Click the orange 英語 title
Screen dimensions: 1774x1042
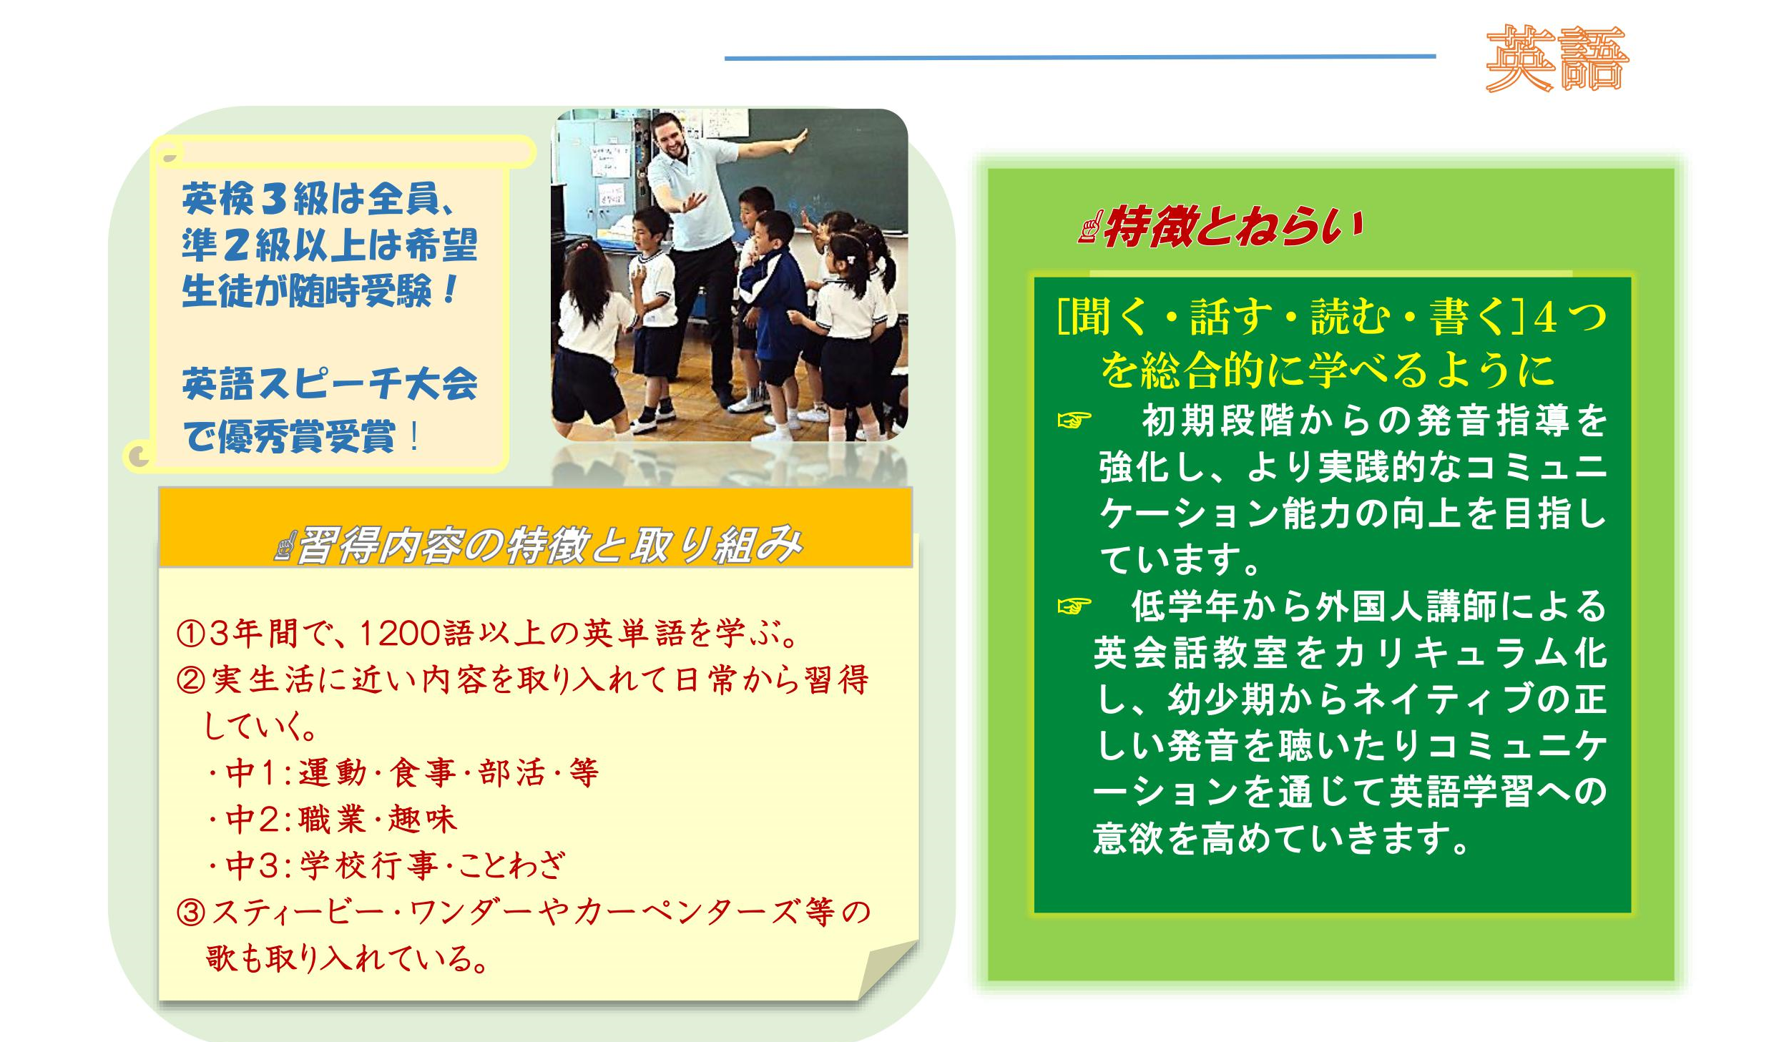[x=1557, y=59]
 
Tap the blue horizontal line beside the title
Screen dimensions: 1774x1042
[x=1080, y=56]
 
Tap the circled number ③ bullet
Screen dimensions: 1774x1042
[x=191, y=913]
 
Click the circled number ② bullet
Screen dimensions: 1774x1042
[x=191, y=679]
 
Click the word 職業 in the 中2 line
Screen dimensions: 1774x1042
[x=333, y=820]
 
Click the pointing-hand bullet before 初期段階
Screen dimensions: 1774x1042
[x=1074, y=420]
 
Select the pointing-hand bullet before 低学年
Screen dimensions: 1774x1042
[x=1074, y=606]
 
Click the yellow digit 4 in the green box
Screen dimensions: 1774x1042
[x=1544, y=317]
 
